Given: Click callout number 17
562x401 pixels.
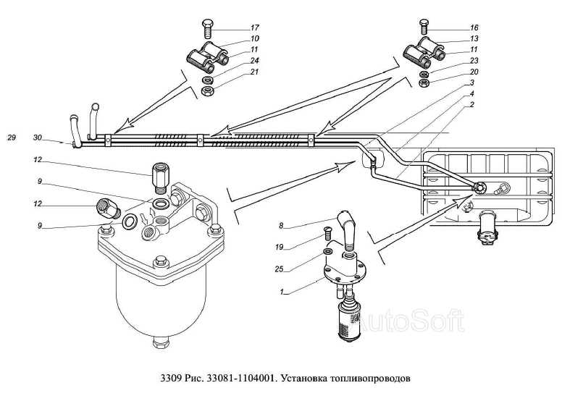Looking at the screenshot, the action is click(255, 28).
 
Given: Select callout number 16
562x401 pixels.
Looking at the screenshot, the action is click(474, 28).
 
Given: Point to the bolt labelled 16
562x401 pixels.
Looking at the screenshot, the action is click(424, 28).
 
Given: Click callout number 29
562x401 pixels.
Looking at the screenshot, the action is click(12, 138).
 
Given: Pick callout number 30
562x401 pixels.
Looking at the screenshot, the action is click(38, 138).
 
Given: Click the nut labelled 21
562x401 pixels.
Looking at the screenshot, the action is click(207, 91).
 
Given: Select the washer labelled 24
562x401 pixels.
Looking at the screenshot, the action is click(207, 80).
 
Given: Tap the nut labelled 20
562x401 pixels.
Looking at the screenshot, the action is click(424, 83).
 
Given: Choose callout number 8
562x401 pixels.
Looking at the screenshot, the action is click(281, 226).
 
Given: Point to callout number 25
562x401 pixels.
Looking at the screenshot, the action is click(280, 269).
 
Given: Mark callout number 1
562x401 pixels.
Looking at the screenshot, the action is click(282, 292).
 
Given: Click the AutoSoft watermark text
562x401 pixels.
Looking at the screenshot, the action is click(408, 321).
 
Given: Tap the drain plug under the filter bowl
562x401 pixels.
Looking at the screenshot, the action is click(161, 343).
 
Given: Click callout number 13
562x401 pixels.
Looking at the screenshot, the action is click(474, 38).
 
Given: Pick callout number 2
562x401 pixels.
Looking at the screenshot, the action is click(472, 105).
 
